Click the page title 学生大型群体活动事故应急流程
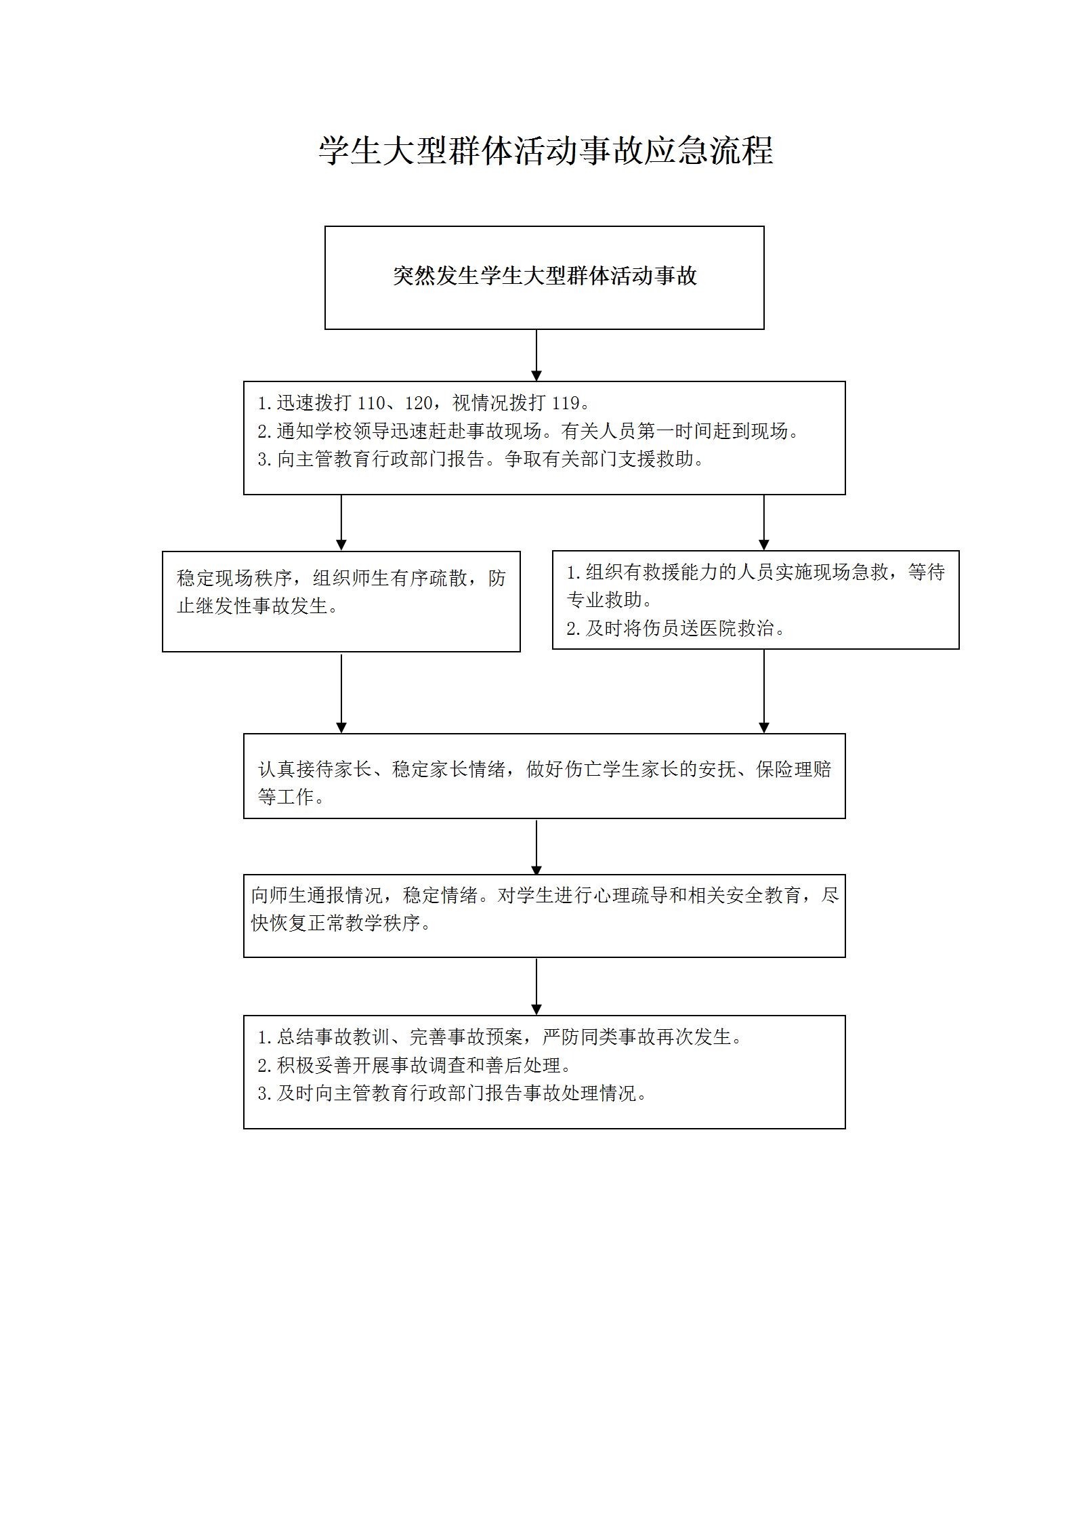coord(546,150)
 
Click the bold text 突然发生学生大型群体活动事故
coord(545,276)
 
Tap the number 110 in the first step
coord(371,403)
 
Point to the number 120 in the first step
coord(419,403)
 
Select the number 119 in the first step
coord(566,403)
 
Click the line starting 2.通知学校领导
coord(528,431)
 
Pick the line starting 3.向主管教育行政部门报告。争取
coord(481,459)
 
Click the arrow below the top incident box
coord(536,356)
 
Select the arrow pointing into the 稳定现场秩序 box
coord(341,522)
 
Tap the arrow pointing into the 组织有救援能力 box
coord(764,522)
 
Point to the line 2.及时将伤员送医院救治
coord(677,628)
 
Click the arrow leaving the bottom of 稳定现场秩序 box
coord(341,693)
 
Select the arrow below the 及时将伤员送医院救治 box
coord(764,691)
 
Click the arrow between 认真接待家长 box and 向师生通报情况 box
coord(536,848)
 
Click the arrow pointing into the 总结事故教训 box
coord(536,986)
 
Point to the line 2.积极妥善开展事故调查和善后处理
coord(415,1065)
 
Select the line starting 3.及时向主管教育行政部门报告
coord(452,1093)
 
